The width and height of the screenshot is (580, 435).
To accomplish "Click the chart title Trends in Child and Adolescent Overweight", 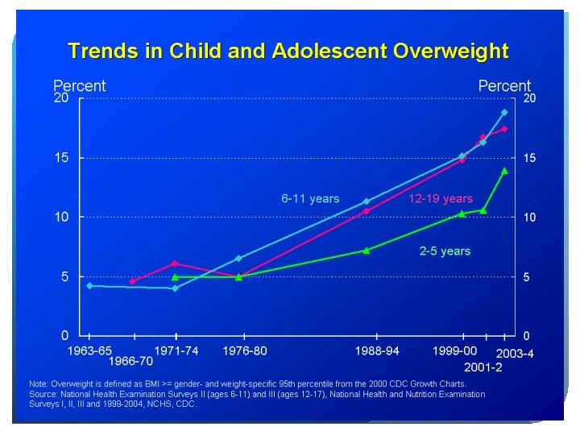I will [288, 52].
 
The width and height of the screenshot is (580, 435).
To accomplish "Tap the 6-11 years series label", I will [310, 198].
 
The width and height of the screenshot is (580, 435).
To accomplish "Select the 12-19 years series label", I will [441, 198].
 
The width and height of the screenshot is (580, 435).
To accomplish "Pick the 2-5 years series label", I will [445, 251].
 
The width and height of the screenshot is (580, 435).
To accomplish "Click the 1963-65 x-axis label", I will [89, 350].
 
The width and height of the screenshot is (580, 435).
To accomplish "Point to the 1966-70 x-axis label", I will [130, 360].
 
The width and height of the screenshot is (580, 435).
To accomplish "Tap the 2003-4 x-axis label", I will [516, 354].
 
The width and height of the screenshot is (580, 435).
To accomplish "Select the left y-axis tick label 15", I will [61, 158].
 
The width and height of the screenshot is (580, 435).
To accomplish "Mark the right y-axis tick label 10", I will [530, 217].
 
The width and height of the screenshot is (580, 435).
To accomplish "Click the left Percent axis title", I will [79, 85].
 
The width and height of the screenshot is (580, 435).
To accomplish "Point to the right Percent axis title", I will [504, 85].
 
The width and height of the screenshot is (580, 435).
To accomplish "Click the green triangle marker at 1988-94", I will [366, 251].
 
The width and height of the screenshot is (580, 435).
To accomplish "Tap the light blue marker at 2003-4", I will [504, 113].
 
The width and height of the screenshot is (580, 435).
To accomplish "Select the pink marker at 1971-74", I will [175, 263].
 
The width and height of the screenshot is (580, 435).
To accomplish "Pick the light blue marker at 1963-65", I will [89, 286].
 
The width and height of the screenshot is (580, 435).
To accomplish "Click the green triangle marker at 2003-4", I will [504, 170].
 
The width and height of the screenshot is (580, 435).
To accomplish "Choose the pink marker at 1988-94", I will [366, 211].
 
